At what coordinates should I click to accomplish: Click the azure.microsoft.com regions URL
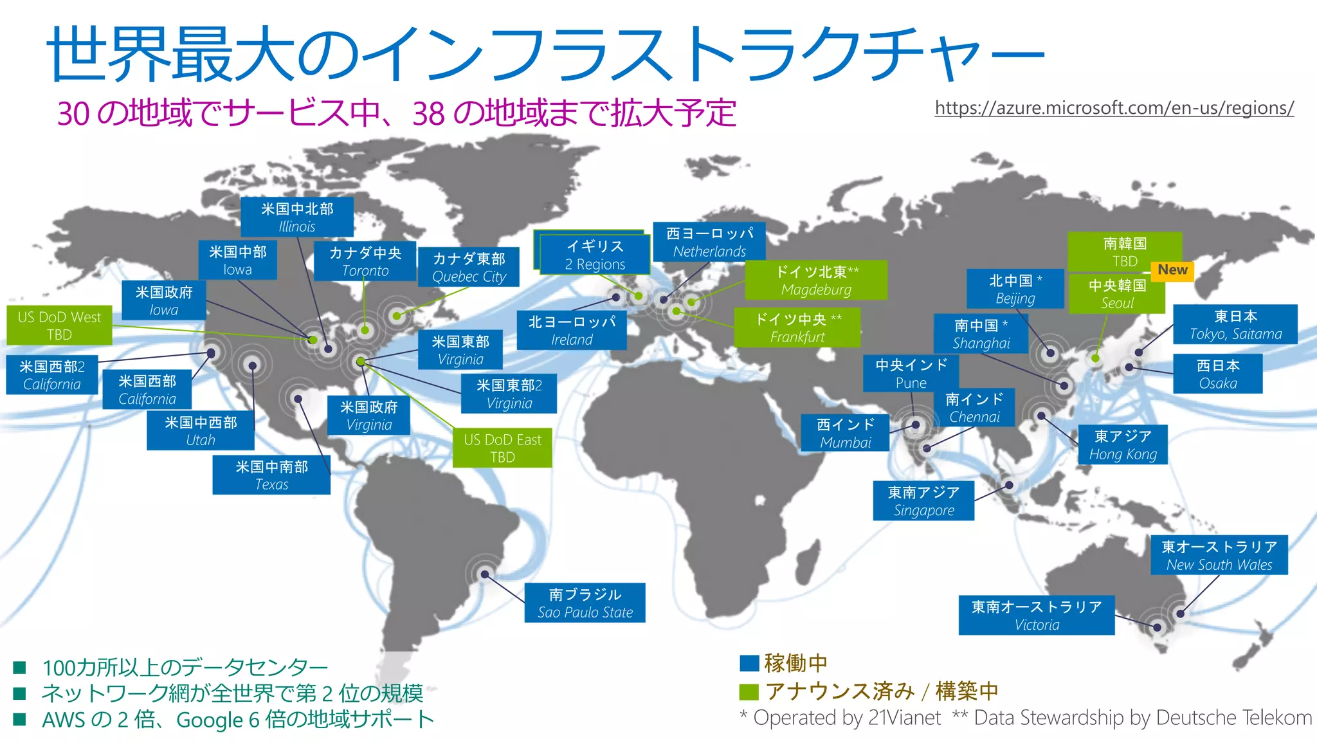(x=1114, y=108)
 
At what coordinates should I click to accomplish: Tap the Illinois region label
(x=296, y=217)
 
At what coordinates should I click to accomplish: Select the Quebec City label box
(x=469, y=267)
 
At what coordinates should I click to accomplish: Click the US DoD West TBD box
(x=59, y=325)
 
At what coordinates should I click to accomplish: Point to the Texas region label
(x=271, y=475)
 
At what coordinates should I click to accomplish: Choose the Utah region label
(x=201, y=431)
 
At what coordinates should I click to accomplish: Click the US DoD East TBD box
(x=502, y=448)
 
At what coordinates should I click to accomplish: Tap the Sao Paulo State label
(x=585, y=603)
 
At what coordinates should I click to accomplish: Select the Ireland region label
(x=572, y=331)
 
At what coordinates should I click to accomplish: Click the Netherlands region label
(x=709, y=242)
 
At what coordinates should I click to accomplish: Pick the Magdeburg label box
(x=816, y=280)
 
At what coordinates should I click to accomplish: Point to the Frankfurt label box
(x=797, y=328)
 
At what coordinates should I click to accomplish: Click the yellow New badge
(x=1172, y=270)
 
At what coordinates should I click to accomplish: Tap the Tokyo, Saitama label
(x=1235, y=325)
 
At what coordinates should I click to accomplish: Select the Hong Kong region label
(x=1123, y=444)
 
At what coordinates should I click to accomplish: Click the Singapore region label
(x=923, y=501)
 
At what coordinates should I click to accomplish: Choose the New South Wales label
(x=1219, y=555)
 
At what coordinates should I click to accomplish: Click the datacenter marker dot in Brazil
(x=485, y=574)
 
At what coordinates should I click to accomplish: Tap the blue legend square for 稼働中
(x=749, y=663)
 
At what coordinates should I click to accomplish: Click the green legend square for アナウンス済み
(x=749, y=691)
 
